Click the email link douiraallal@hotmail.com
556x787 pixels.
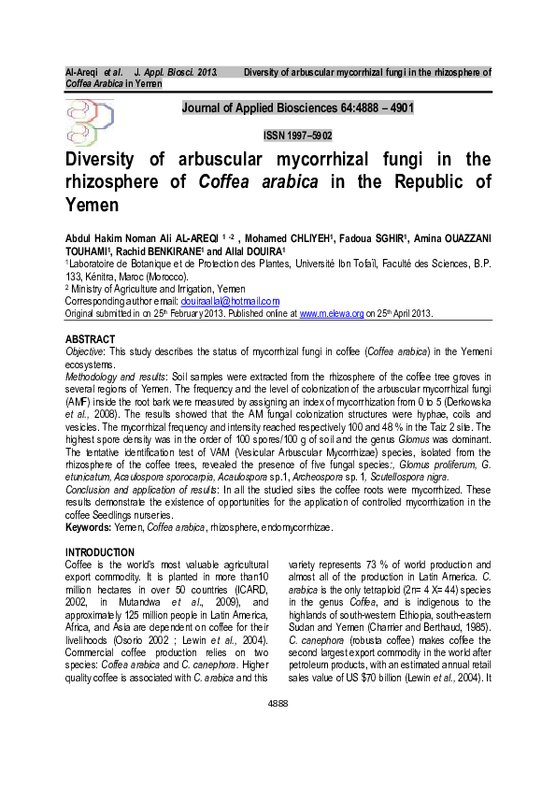coord(230,301)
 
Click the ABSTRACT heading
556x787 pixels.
coord(90,337)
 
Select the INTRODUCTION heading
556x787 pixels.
coord(99,552)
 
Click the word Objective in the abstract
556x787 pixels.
coord(85,350)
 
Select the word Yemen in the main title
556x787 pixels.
coord(92,204)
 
